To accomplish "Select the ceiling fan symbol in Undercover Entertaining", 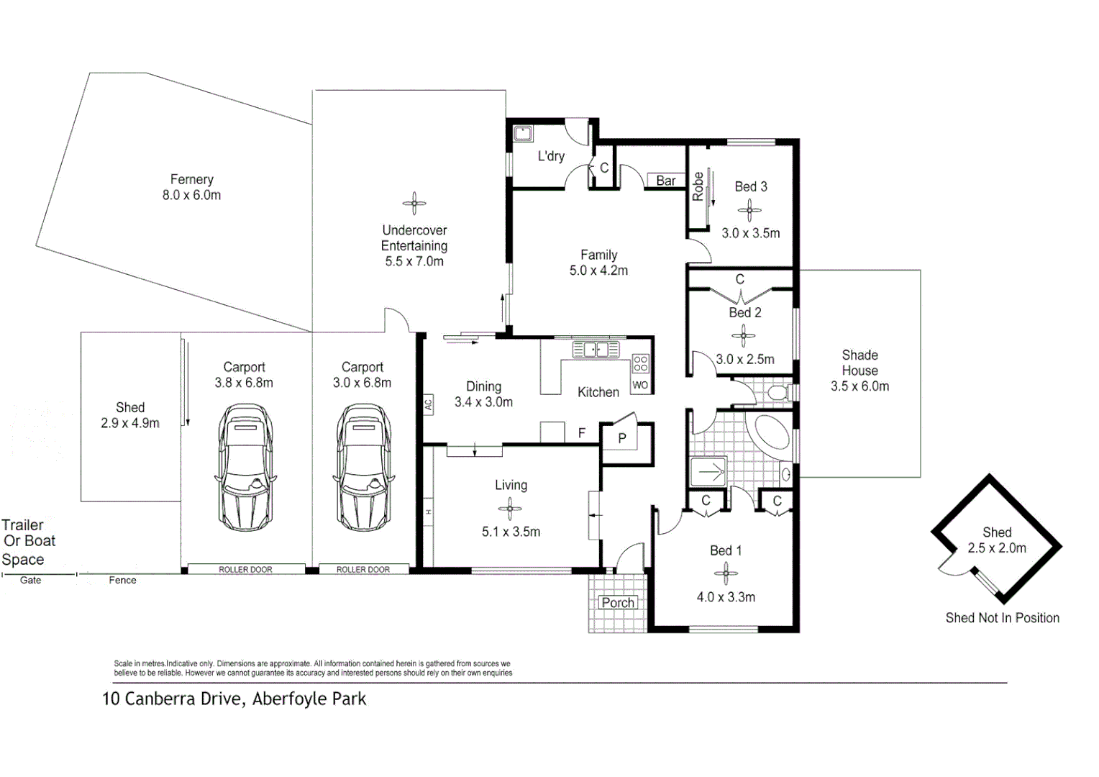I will point(414,203).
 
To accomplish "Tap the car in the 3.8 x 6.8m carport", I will point(245,468).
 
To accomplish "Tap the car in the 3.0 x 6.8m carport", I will point(363,468).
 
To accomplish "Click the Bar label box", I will point(666,181).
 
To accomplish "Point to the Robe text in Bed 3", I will point(698,186).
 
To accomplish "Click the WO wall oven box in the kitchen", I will point(640,385).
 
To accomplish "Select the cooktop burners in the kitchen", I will point(640,363).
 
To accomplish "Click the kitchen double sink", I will point(596,350).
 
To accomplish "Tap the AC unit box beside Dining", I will point(428,404).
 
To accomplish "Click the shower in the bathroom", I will point(708,473).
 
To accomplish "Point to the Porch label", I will point(618,602).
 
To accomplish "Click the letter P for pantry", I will point(622,437).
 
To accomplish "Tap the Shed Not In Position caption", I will point(1002,617).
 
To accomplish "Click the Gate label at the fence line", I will point(30,580).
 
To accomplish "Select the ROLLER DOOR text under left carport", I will point(245,569).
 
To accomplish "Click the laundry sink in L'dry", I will point(522,133).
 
